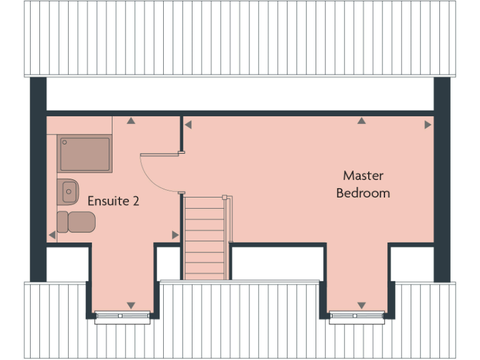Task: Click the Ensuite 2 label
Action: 113,201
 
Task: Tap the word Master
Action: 363,176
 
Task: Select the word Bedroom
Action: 363,193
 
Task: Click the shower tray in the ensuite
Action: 85,154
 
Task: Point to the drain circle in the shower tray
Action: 64,142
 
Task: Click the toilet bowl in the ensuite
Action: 82,221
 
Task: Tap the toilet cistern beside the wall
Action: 62,221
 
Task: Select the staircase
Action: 204,237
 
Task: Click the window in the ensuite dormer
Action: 122,316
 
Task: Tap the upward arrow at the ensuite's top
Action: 131,121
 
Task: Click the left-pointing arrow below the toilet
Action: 52,235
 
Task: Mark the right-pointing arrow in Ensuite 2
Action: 175,235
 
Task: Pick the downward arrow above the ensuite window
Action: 131,305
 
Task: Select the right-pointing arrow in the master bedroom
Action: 427,125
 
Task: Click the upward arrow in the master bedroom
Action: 361,121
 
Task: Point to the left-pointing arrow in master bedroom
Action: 187,125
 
